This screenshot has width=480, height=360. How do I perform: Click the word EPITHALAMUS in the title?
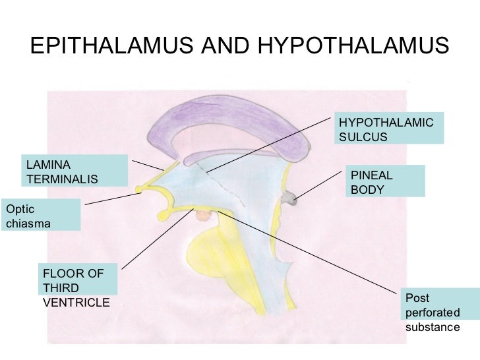coord(101,45)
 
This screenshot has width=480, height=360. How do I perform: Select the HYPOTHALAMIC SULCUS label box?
coord(389,128)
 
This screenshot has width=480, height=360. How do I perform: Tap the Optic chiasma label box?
coord(41,215)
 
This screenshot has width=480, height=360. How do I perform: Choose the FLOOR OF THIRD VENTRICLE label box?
coord(77,287)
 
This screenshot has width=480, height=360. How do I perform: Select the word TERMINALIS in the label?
coord(62,179)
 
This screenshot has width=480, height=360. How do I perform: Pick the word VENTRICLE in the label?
coord(76,302)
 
